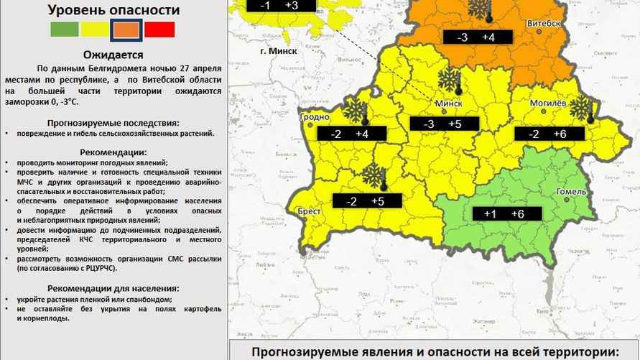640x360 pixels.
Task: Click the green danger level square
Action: pyautogui.click(x=64, y=29)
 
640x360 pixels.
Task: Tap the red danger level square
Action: pyautogui.click(x=159, y=29)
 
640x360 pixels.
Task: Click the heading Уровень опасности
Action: pyautogui.click(x=113, y=10)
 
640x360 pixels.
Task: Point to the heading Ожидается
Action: pyautogui.click(x=113, y=55)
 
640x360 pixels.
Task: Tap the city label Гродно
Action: pyautogui.click(x=315, y=116)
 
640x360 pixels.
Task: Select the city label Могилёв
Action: pyautogui.click(x=548, y=103)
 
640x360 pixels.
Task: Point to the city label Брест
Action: pyautogui.click(x=309, y=211)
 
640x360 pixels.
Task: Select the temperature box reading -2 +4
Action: pyautogui.click(x=350, y=134)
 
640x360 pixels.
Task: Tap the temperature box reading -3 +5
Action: pyautogui.click(x=443, y=124)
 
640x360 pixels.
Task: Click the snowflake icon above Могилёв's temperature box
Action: pyautogui.click(x=580, y=108)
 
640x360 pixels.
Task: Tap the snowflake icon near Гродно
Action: pyautogui.click(x=353, y=110)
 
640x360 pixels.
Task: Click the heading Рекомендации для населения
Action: pyautogui.click(x=113, y=288)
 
